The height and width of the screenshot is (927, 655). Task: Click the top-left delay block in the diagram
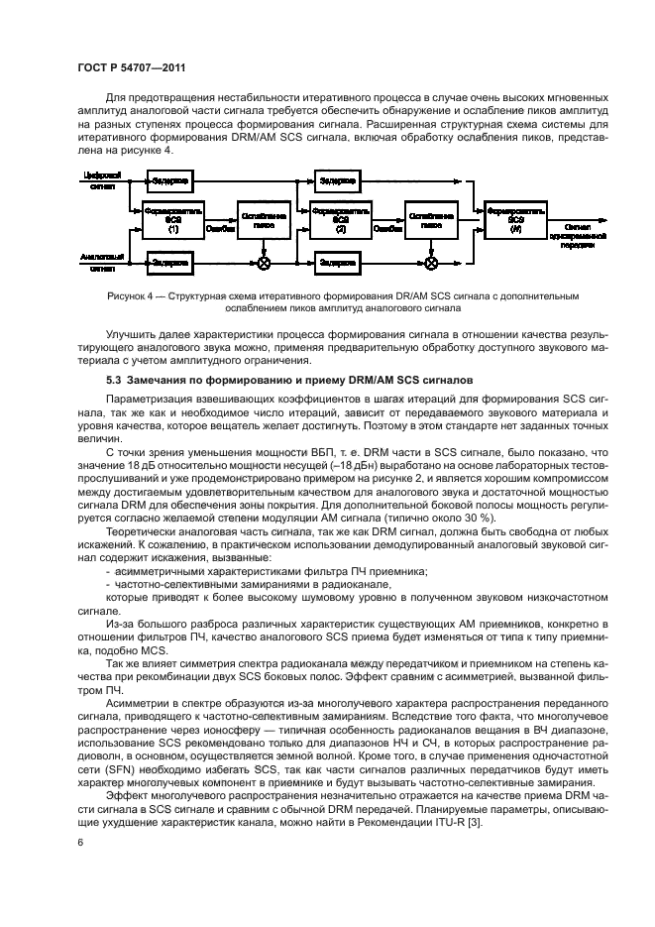170,179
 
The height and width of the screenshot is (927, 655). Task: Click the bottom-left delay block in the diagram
170,262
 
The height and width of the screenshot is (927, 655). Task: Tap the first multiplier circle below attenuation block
264,263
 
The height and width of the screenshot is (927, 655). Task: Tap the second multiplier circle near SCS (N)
430,263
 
